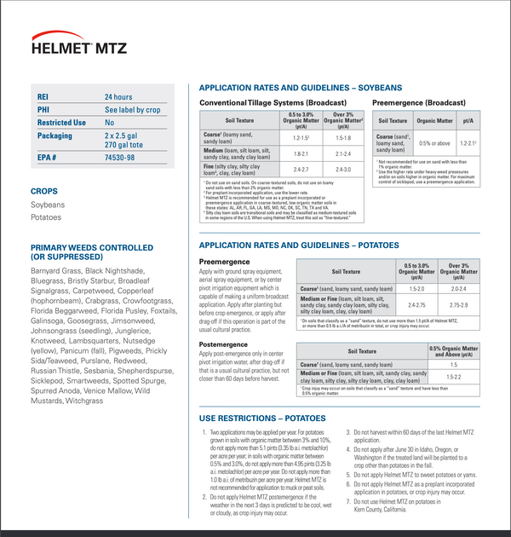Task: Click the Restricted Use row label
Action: tap(61, 123)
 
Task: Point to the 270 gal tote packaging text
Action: tap(126, 146)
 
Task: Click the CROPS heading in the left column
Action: tap(44, 192)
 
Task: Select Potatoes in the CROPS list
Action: tap(46, 217)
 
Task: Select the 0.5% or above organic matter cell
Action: tap(434, 143)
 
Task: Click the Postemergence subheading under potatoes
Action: tap(224, 344)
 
